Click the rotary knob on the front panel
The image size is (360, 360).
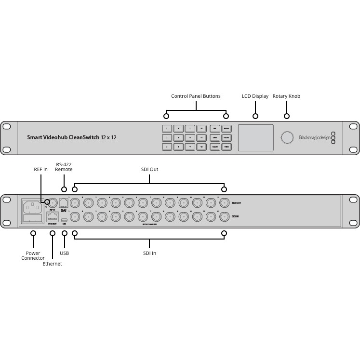287,138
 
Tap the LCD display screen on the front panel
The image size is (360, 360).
255,138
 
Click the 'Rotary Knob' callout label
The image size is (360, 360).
286,96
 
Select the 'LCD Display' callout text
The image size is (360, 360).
255,96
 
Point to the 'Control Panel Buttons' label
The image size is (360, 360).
196,96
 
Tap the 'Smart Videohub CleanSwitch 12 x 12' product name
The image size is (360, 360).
72,138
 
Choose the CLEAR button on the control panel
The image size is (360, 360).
215,147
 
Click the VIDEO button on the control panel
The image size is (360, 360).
226,138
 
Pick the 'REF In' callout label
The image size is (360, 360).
41,169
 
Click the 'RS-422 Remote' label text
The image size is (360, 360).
64,167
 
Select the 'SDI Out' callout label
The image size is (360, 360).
149,170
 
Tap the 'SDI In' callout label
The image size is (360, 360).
149,253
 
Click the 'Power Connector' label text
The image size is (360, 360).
33,256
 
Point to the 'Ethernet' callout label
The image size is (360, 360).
52,264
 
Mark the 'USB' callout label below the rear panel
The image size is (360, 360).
65,253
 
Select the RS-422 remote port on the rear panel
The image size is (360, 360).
64,203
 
